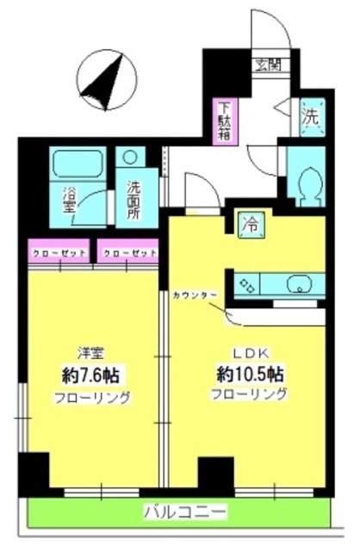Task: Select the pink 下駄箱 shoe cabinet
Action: coord(225,121)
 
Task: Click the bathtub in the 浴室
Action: coord(78,164)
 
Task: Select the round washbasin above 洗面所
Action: coord(130,158)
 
